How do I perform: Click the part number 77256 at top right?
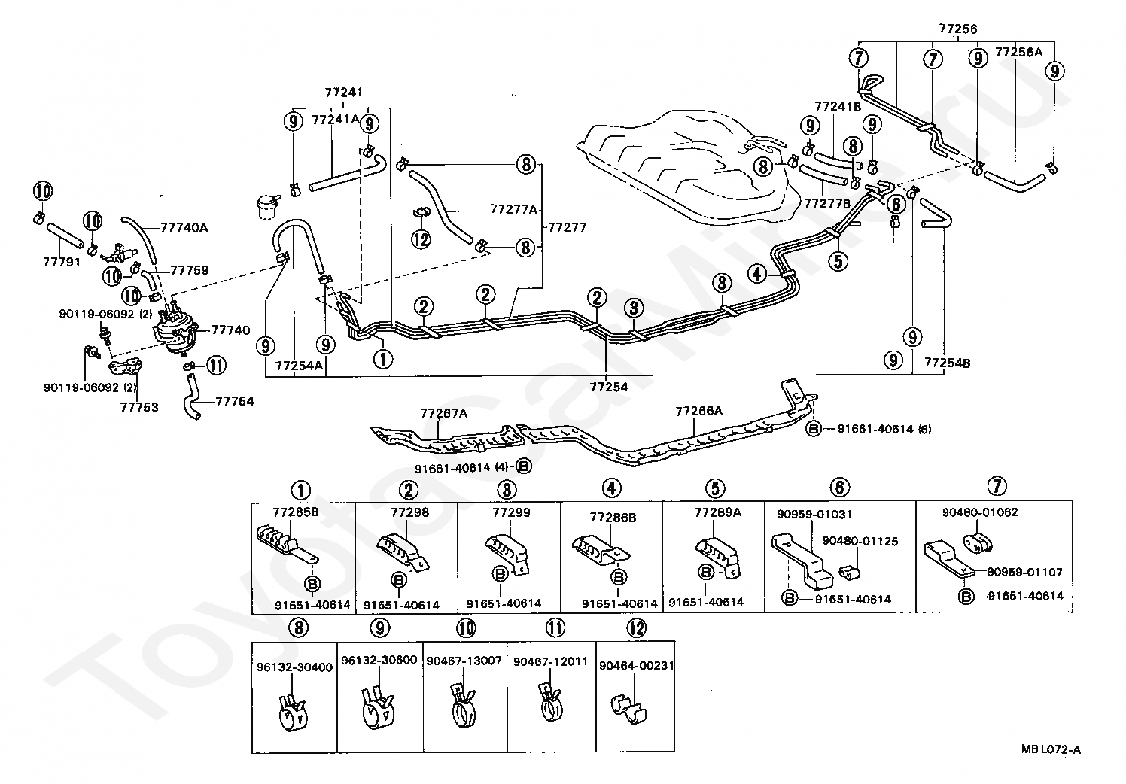(x=958, y=29)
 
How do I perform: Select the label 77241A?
(x=336, y=120)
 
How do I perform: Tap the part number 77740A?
(x=184, y=228)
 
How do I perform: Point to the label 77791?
(x=62, y=262)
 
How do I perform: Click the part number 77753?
(x=139, y=407)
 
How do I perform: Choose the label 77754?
(x=235, y=401)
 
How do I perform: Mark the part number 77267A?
(x=444, y=413)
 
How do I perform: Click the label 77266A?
(x=698, y=411)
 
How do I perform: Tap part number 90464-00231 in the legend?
(x=637, y=665)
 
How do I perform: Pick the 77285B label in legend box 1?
(x=296, y=512)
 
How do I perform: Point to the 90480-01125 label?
(x=860, y=541)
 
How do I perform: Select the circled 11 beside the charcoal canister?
(x=217, y=365)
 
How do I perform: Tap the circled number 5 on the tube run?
(x=838, y=261)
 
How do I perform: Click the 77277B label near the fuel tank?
(x=827, y=203)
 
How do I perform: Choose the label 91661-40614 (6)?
(x=884, y=429)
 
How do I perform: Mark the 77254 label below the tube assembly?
(x=609, y=387)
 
